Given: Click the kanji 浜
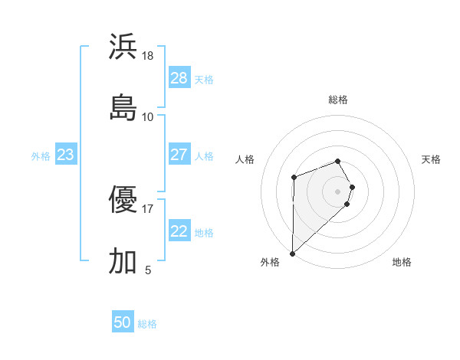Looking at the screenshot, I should [x=123, y=47].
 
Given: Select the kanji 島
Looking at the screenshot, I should [x=123, y=107].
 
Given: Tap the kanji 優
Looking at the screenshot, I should [x=123, y=201].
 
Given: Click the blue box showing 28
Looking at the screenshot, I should [x=179, y=78].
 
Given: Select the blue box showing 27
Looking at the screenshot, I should [x=179, y=155].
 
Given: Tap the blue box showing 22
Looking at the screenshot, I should [x=179, y=232].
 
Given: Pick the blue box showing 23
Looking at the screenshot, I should [x=65, y=155].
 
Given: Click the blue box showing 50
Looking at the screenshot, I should [x=123, y=322].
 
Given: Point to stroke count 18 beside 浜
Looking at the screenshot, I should [x=148, y=56].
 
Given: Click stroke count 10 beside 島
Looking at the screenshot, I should [x=148, y=116].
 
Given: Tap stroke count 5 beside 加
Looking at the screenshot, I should [x=148, y=270].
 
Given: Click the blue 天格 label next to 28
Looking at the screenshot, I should [x=204, y=79].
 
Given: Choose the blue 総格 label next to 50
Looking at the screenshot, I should [x=147, y=323].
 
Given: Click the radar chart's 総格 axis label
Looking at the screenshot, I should [x=338, y=100].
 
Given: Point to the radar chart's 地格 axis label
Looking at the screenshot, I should [x=402, y=262].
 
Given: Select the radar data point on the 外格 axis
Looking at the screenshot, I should [x=292, y=253].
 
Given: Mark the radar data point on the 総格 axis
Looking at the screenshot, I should [x=338, y=161].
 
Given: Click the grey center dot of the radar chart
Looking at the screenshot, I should [x=338, y=191].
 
